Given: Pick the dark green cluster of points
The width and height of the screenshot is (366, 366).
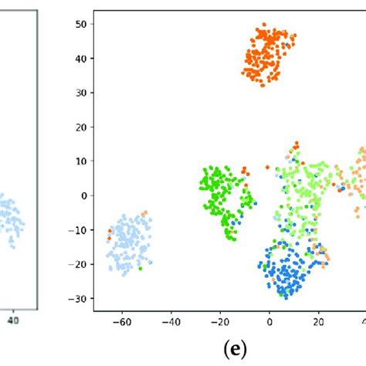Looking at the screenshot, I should pyautogui.click(x=224, y=197).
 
